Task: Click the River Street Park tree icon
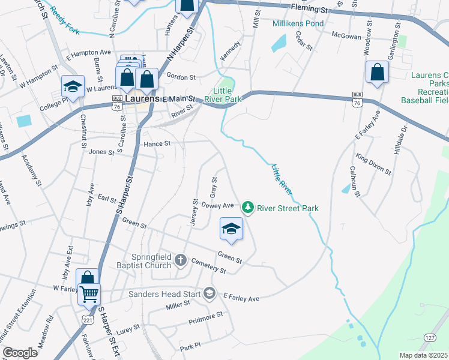pyautogui.click(x=247, y=208)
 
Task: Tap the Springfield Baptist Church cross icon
pyautogui.click(x=181, y=261)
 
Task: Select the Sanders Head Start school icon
pyautogui.click(x=209, y=293)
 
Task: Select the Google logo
pyautogui.click(x=19, y=353)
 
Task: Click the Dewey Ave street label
pyautogui.click(x=217, y=205)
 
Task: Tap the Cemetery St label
pyautogui.click(x=209, y=266)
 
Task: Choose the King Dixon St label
pyautogui.click(x=373, y=163)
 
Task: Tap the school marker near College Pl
pyautogui.click(x=73, y=86)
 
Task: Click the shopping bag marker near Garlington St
pyautogui.click(x=378, y=73)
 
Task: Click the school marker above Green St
pyautogui.click(x=231, y=229)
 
